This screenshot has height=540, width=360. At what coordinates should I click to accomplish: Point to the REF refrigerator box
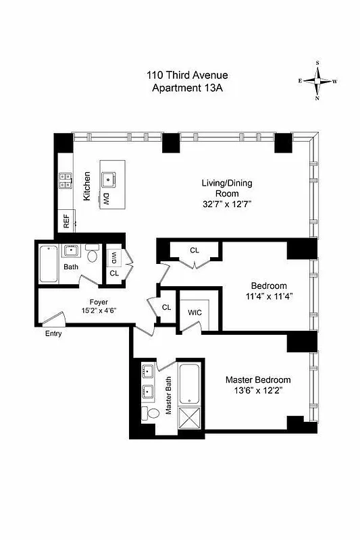[67, 221]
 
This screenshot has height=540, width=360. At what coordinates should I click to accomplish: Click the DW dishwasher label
[106, 198]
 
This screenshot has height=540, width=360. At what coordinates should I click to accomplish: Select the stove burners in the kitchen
[66, 180]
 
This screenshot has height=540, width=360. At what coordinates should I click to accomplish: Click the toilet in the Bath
[93, 256]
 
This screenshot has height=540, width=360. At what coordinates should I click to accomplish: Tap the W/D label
[115, 257]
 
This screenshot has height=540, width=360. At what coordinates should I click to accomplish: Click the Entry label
[53, 333]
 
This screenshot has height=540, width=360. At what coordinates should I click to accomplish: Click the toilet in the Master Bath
[153, 413]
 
